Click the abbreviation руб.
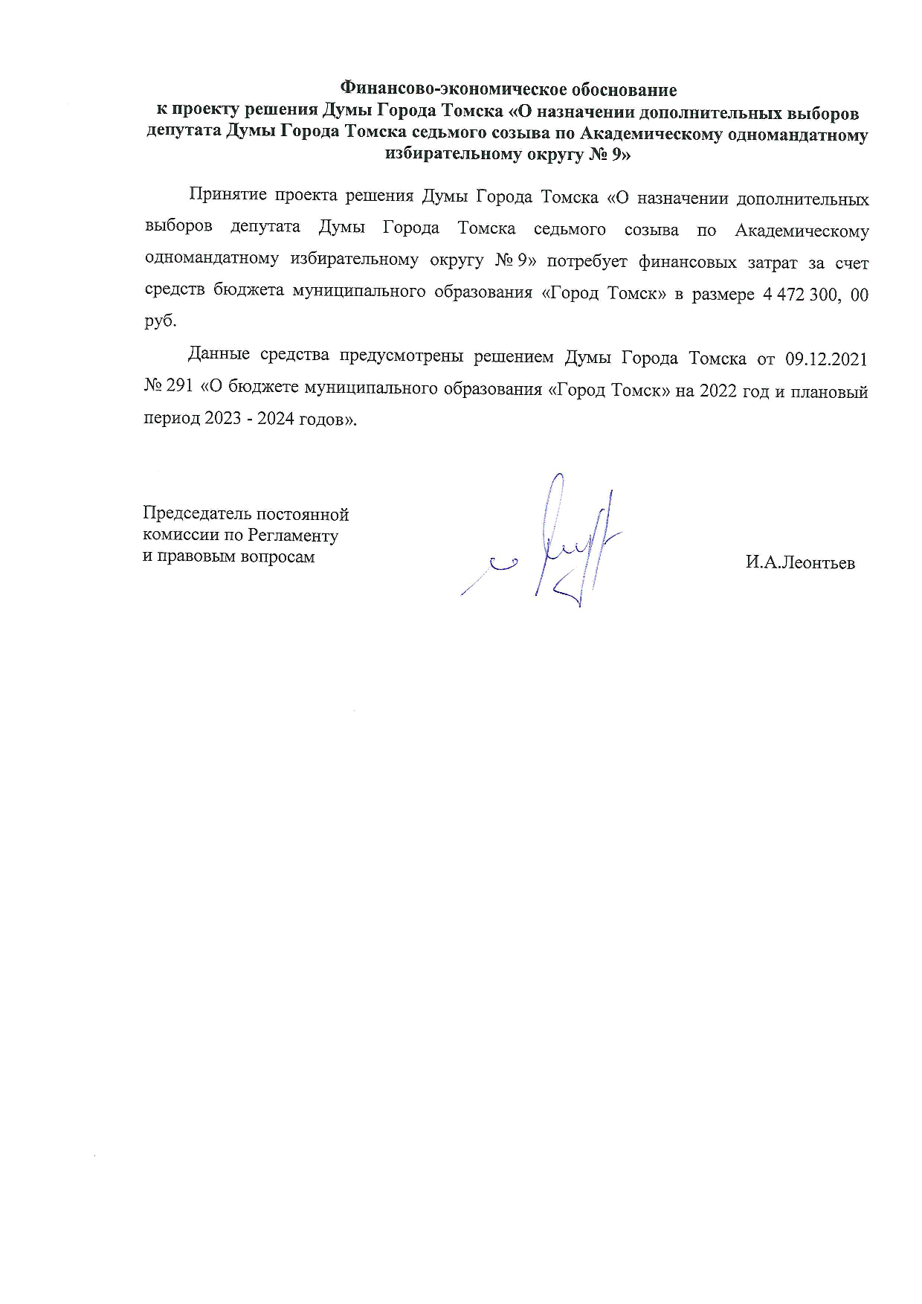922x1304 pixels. [x=161, y=321]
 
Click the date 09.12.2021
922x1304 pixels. [x=826, y=359]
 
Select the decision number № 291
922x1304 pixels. [x=170, y=389]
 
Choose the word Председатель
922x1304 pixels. [x=196, y=514]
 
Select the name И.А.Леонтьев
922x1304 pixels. [x=800, y=563]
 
